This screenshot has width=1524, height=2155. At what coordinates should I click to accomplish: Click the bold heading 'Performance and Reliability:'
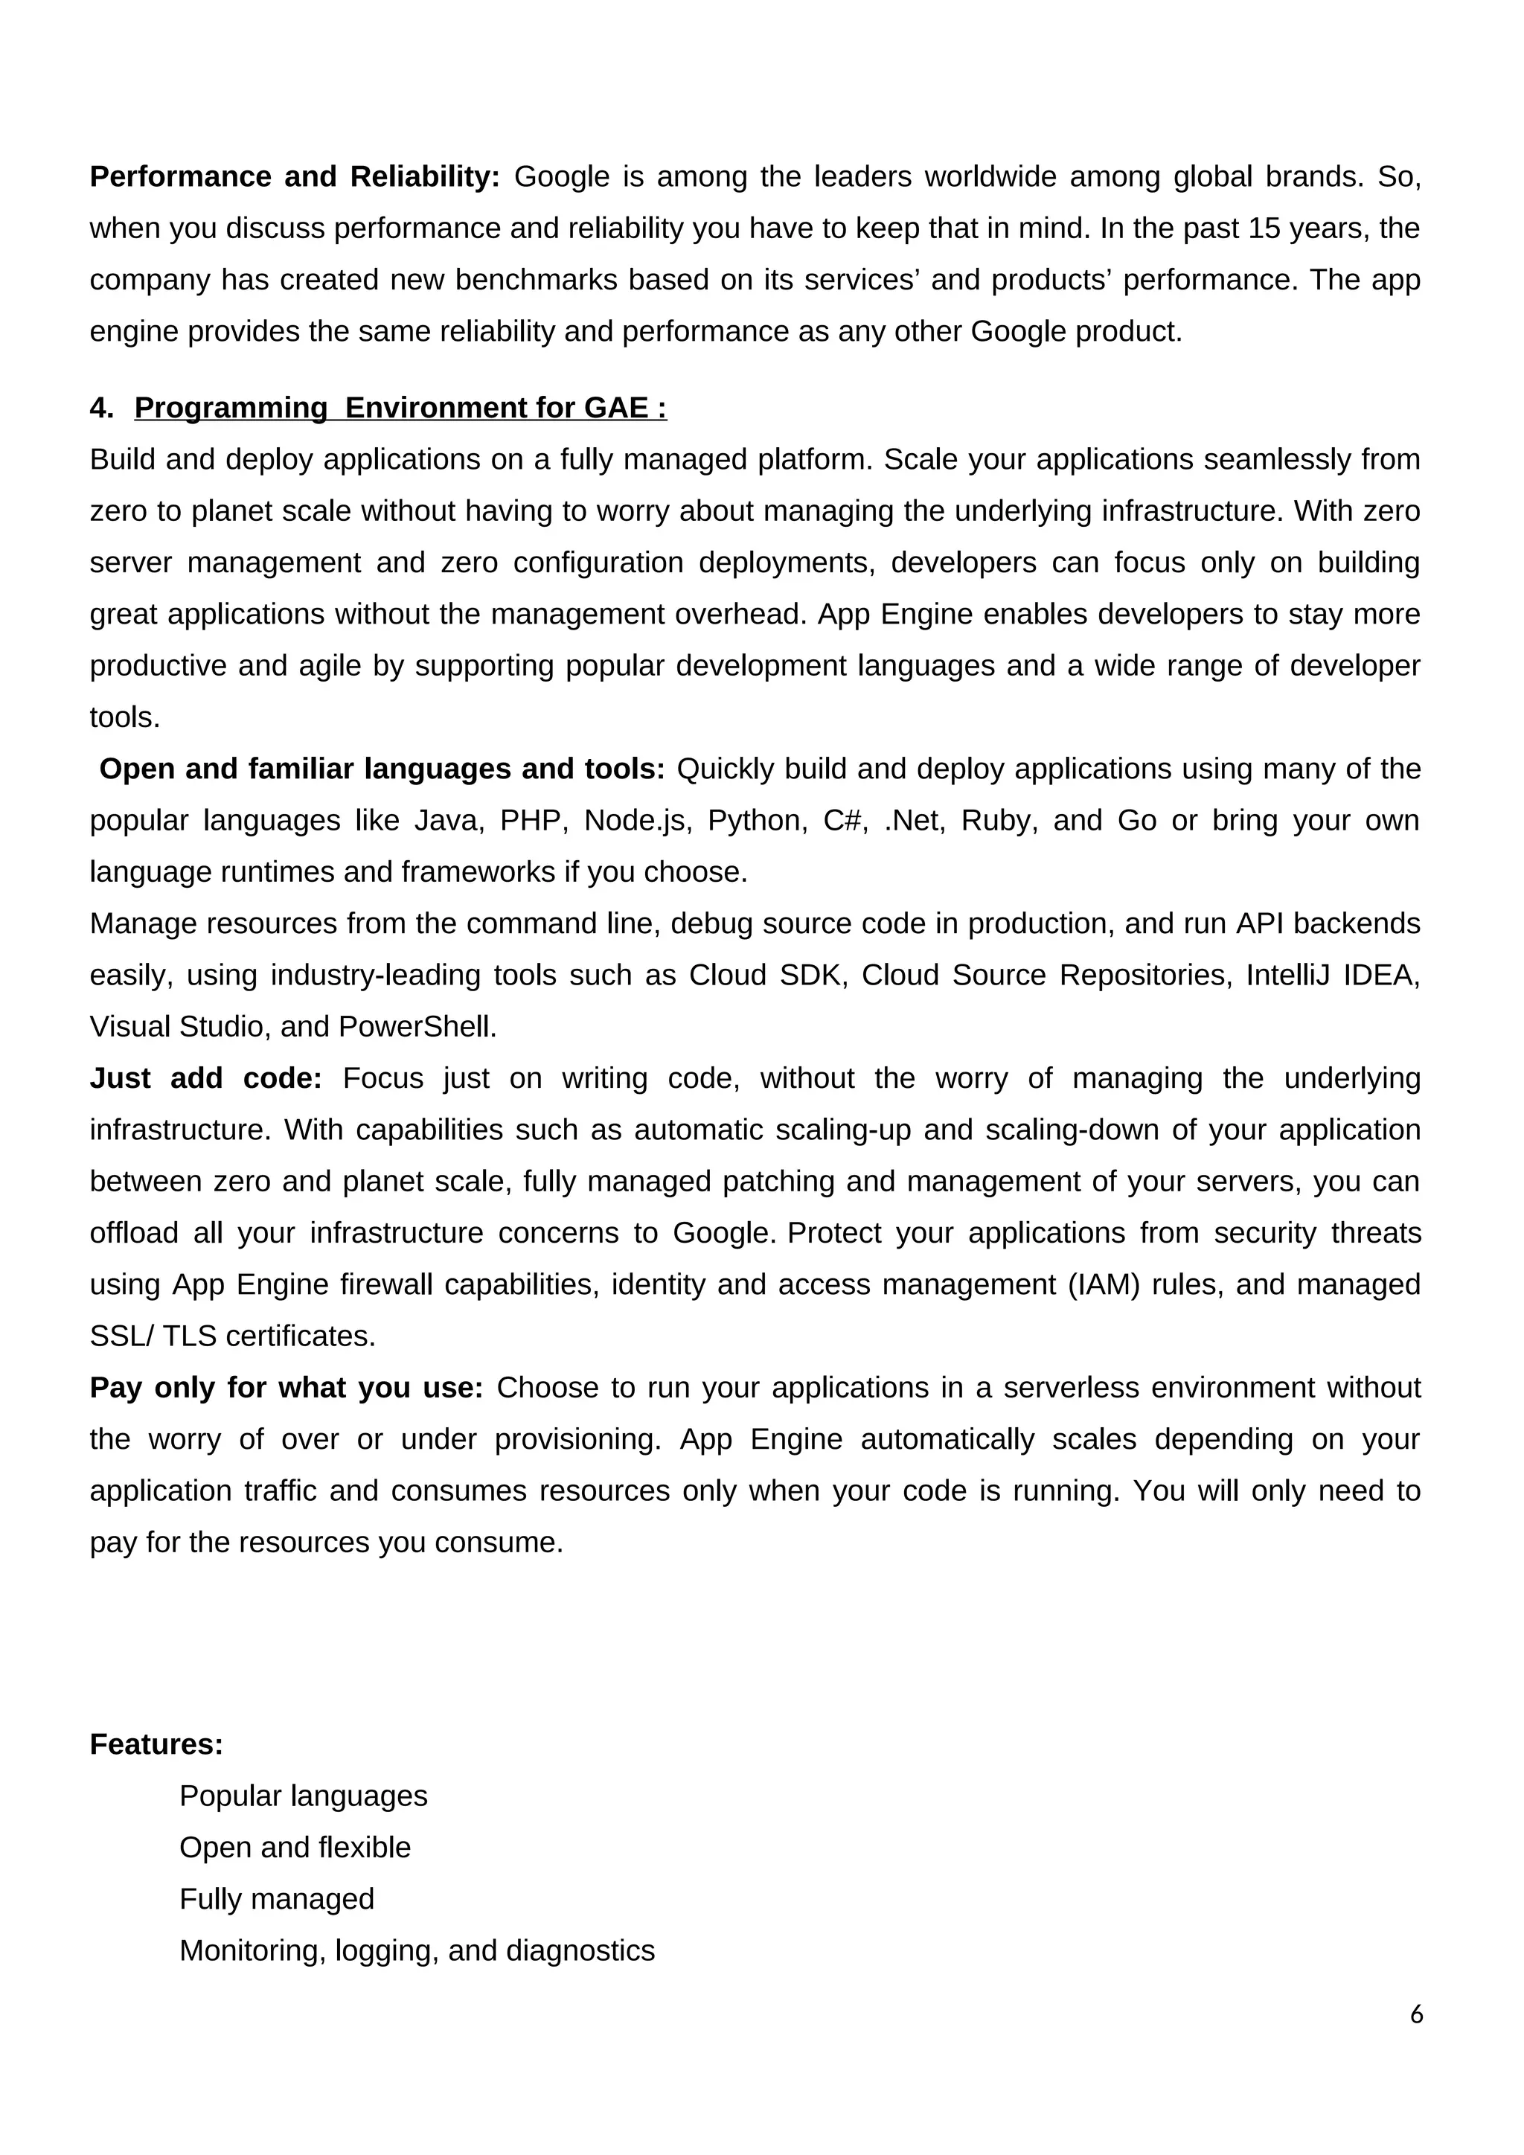tap(294, 176)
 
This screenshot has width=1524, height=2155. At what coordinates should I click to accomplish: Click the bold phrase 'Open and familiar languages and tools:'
tap(381, 769)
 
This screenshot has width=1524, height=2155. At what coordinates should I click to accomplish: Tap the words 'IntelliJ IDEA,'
tap(1333, 976)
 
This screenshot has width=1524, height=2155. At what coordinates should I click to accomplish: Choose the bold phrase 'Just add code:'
tap(205, 1078)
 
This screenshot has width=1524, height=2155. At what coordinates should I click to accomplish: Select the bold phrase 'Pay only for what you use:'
tap(285, 1387)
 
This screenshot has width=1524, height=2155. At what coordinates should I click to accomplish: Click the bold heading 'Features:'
tap(156, 1744)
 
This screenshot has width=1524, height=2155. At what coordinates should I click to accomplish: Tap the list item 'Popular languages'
tap(302, 1796)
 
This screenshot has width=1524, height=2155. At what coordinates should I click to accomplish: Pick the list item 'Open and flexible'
tap(295, 1847)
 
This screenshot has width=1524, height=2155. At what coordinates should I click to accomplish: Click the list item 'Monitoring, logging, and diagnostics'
tap(416, 1950)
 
